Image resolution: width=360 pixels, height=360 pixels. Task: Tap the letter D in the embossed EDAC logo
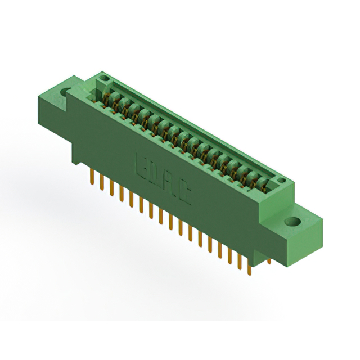point(156,173)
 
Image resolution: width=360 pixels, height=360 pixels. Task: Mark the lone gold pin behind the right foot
point(269,260)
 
